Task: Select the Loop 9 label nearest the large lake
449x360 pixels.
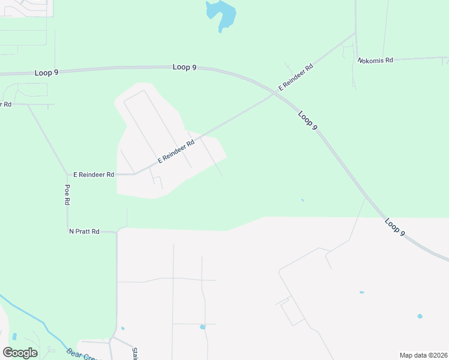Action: pos(184,67)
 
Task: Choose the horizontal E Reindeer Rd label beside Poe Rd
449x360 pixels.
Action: pos(94,175)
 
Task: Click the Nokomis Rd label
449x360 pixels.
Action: pos(375,61)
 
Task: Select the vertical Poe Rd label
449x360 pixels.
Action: pos(67,195)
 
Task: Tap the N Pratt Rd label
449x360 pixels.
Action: pos(83,231)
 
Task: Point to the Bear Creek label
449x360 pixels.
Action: pos(81,355)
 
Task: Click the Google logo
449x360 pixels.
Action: pos(20,353)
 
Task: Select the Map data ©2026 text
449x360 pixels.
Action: pos(423,355)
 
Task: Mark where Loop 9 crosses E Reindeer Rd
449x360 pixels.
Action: pos(275,92)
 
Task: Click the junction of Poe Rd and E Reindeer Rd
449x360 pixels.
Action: pos(68,175)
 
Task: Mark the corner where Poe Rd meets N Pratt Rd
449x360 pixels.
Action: pos(68,230)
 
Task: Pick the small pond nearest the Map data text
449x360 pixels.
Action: pos(420,316)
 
